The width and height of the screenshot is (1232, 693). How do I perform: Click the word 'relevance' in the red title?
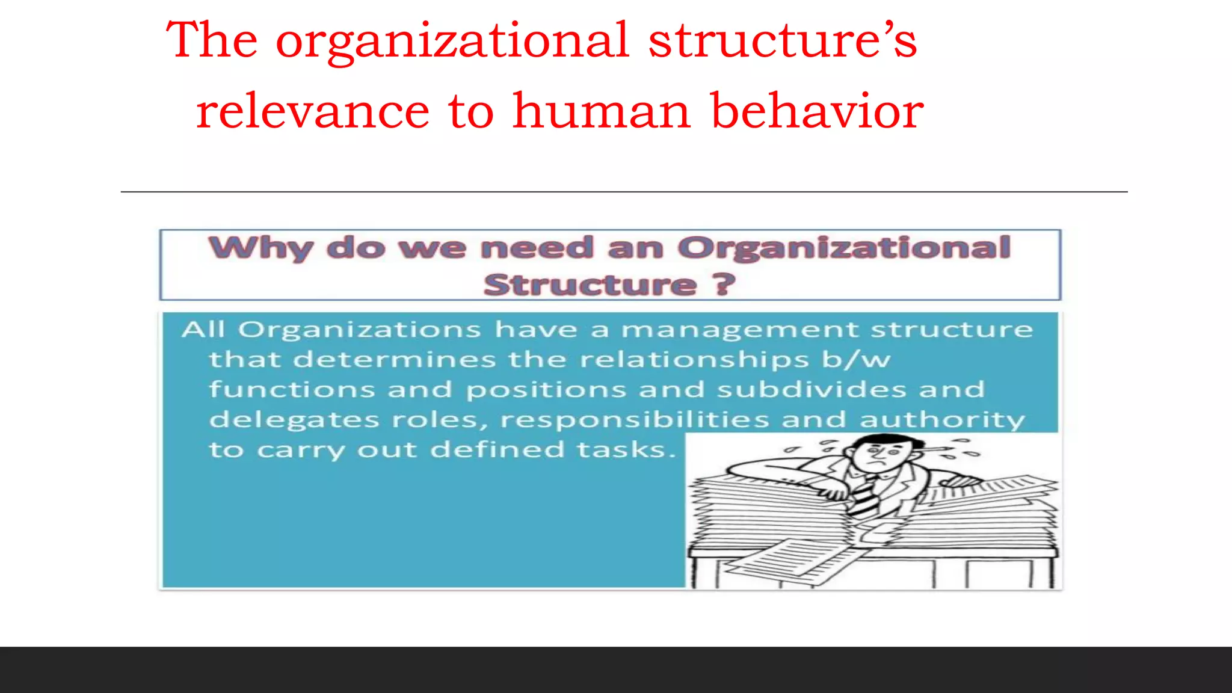pyautogui.click(x=313, y=111)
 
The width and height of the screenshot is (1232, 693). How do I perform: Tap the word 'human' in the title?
pyautogui.click(x=602, y=111)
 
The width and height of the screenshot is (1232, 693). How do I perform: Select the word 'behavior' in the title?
pyautogui.click(x=817, y=111)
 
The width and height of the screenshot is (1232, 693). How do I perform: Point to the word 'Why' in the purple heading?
pyautogui.click(x=260, y=248)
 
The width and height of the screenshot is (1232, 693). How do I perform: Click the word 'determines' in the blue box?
pyautogui.click(x=395, y=360)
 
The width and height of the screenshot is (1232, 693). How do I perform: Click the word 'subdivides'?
pyautogui.click(x=812, y=390)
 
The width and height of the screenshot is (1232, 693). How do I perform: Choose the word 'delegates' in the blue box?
pyautogui.click(x=294, y=420)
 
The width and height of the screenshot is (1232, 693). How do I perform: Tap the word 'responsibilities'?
pyautogui.click(x=635, y=420)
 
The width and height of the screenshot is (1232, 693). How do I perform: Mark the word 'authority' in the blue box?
pyautogui.click(x=942, y=420)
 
